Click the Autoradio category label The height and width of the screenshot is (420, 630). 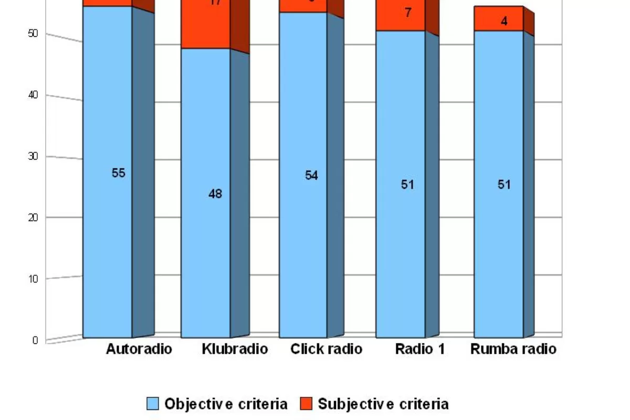click(139, 349)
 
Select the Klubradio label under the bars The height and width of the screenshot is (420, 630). click(235, 349)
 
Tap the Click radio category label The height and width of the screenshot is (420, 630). click(326, 349)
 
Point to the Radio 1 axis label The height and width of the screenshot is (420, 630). click(420, 349)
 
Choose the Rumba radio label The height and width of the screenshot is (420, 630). click(513, 349)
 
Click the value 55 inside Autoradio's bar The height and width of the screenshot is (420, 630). click(119, 173)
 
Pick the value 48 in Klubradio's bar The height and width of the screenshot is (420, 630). click(215, 194)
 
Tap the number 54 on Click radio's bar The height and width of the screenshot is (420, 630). click(311, 175)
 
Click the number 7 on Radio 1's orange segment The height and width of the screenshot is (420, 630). click(408, 13)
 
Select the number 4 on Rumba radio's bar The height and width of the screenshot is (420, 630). click(504, 22)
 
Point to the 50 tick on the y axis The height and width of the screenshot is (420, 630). click(33, 34)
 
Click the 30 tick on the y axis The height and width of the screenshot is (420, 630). click(33, 156)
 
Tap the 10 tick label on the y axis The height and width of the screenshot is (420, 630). click(33, 279)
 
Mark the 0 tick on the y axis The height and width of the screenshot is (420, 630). click(35, 340)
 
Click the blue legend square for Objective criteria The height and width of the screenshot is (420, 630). click(152, 404)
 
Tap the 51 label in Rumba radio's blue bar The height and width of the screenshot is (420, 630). click(504, 185)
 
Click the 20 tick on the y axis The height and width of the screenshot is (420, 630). click(33, 217)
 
